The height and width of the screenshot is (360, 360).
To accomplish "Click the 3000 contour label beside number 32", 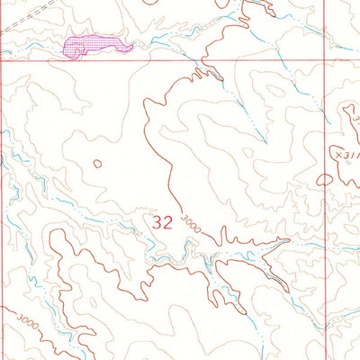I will [x=188, y=225].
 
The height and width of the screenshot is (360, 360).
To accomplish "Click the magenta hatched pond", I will [x=90, y=45].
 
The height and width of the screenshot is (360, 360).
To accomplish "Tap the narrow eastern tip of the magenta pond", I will [x=129, y=47].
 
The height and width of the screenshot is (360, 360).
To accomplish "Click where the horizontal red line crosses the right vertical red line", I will [x=324, y=60].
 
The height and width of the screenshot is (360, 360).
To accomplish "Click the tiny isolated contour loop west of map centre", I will [x=96, y=164].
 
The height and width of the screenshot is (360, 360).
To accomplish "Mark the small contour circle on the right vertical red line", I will [x=325, y=179].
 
